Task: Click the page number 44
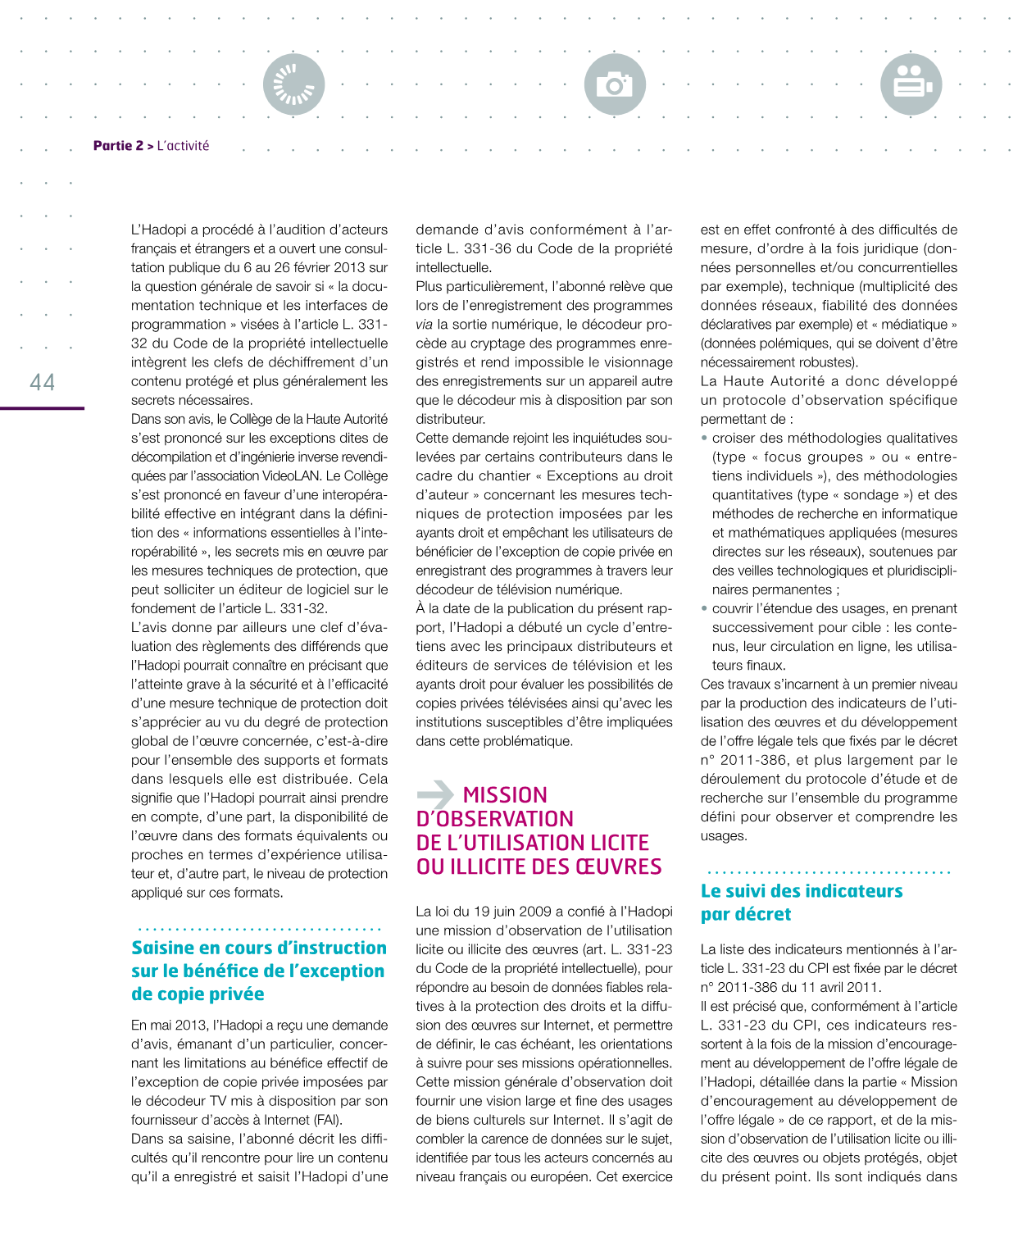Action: [43, 382]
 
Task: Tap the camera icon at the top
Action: [615, 84]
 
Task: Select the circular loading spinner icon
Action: [293, 84]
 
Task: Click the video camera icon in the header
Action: [911, 84]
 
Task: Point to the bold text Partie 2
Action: [118, 146]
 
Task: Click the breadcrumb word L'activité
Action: [183, 146]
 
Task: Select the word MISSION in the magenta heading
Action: [505, 795]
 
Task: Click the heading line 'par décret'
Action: [746, 914]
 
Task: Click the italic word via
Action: [424, 325]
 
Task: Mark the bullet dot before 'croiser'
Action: [704, 438]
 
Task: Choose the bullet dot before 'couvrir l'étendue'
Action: [704, 608]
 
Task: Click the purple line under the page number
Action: [42, 407]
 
